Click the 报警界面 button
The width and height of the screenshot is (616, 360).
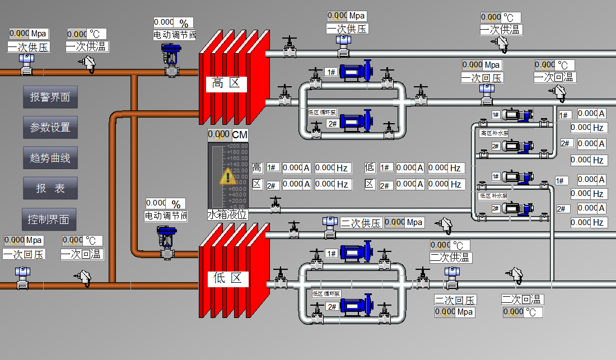pyautogui.click(x=50, y=97)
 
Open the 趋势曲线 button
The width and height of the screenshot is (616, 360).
pyautogui.click(x=50, y=158)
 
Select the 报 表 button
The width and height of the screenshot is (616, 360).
pyautogui.click(x=50, y=189)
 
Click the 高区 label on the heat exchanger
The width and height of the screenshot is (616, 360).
pyautogui.click(x=226, y=84)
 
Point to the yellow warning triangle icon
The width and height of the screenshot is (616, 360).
pyautogui.click(x=228, y=177)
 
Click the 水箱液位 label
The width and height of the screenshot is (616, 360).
pyautogui.click(x=227, y=214)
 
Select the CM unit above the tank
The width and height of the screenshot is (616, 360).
pyautogui.click(x=239, y=134)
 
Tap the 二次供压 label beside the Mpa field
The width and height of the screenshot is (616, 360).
pyautogui.click(x=361, y=222)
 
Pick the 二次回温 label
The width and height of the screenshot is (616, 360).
pyautogui.click(x=522, y=300)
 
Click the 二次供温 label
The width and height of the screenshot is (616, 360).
pyautogui.click(x=451, y=258)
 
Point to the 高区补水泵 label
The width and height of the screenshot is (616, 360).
pyautogui.click(x=494, y=133)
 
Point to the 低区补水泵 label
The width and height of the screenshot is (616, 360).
pyautogui.click(x=493, y=196)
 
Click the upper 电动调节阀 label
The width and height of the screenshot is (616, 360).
pyautogui.click(x=175, y=35)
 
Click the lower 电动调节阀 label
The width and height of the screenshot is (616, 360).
pyautogui.click(x=166, y=216)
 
